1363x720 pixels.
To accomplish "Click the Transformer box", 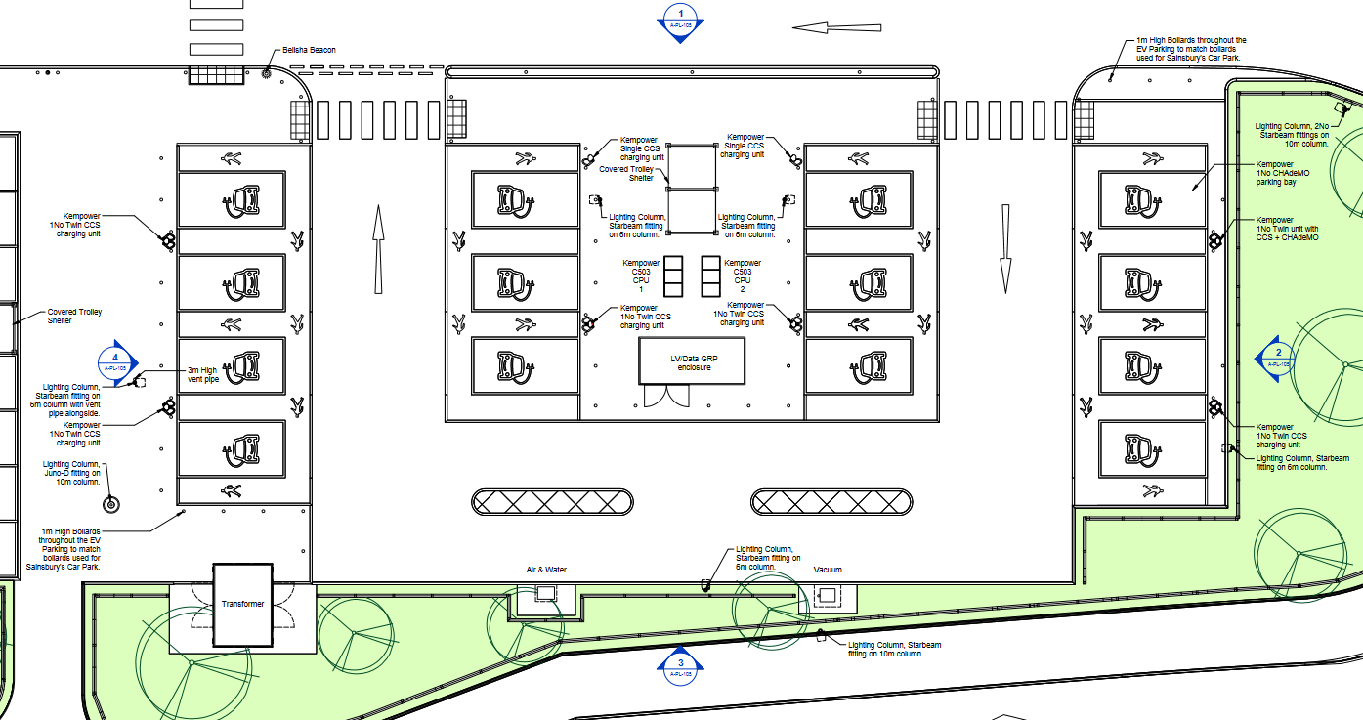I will [242, 604].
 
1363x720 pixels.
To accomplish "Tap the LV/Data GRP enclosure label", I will [691, 362].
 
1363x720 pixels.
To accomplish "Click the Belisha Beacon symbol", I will [267, 72].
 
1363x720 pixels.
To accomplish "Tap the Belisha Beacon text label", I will [309, 50].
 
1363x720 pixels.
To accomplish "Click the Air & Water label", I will [546, 570].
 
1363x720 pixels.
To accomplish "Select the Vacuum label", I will [827, 570].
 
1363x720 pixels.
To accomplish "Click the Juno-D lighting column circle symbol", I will [110, 504].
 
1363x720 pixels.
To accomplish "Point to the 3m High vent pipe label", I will [202, 374].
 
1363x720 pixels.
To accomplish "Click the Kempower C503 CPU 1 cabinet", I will [674, 276].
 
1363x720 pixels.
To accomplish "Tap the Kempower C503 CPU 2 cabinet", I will [710, 276].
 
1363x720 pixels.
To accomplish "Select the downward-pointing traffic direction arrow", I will [1004, 248].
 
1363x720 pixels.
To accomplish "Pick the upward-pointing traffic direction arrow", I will [378, 248].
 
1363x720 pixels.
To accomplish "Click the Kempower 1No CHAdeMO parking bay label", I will [1282, 173].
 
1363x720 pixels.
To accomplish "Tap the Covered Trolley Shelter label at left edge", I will [74, 317].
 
